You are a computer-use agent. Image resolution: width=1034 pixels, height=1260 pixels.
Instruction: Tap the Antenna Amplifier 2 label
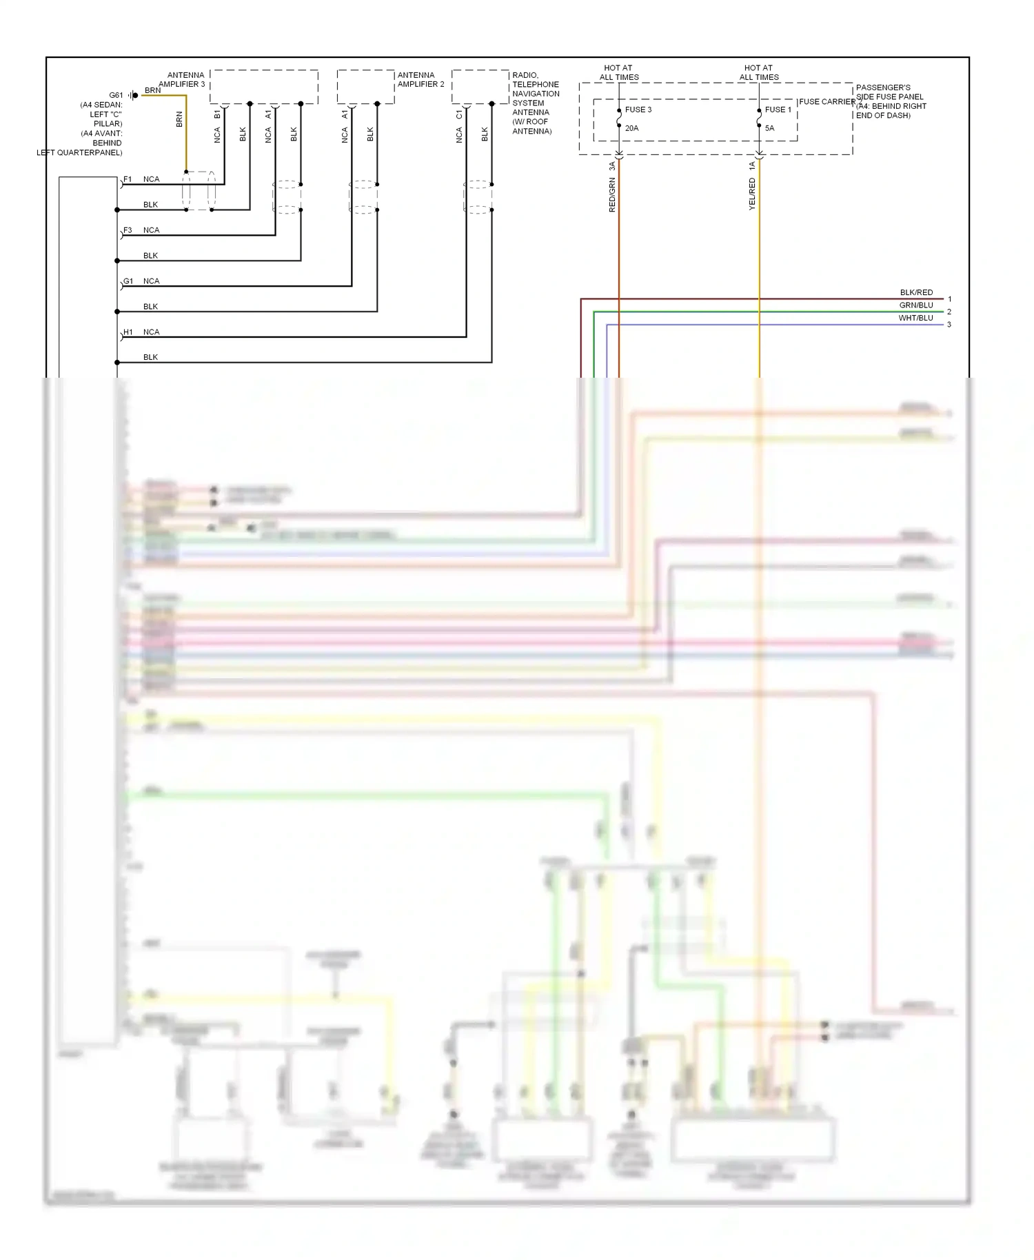click(x=420, y=79)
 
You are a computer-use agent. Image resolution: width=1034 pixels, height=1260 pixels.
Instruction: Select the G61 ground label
click(x=116, y=95)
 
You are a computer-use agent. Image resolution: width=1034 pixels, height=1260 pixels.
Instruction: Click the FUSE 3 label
click(x=638, y=110)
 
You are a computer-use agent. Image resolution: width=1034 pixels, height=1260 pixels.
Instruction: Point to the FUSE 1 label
click(x=778, y=110)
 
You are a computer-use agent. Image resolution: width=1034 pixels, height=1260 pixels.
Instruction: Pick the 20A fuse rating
click(x=631, y=128)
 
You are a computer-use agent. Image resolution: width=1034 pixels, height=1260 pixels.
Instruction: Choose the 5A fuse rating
click(x=769, y=128)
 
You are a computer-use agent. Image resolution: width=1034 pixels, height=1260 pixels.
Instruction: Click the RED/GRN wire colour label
click(x=612, y=194)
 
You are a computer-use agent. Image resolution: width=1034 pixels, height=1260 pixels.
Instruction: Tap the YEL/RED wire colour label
click(x=752, y=194)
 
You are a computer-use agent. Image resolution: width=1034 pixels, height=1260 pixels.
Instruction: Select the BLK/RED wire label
click(x=915, y=292)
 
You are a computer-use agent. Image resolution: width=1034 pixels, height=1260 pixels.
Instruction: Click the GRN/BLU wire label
click(x=915, y=305)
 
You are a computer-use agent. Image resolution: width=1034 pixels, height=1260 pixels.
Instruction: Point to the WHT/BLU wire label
click(x=915, y=318)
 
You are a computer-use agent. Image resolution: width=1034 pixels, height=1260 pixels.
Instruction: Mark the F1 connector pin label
click(x=128, y=179)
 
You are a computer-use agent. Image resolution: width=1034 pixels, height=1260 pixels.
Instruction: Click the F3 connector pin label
click(x=128, y=230)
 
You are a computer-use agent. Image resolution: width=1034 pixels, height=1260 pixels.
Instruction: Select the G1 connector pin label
click(x=128, y=281)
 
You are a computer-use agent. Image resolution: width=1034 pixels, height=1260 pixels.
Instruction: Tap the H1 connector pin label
click(x=128, y=332)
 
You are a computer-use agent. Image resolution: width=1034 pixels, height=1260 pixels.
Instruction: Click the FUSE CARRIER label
click(x=827, y=101)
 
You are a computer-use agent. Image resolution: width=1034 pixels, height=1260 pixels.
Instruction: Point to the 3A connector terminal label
click(x=612, y=166)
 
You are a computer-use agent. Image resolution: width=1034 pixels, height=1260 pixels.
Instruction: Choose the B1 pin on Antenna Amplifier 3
click(x=217, y=114)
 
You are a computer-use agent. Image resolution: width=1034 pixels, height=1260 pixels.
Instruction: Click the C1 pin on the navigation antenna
click(x=459, y=114)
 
